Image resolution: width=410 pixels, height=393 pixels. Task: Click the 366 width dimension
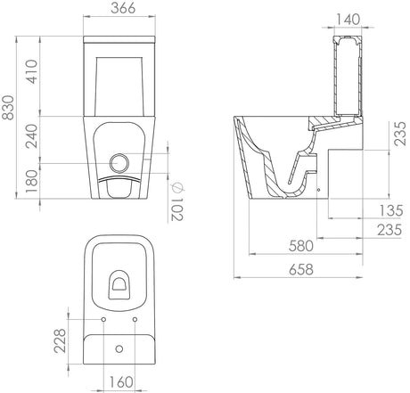coord(123,8)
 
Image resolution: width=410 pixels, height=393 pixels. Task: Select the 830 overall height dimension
coord(8,108)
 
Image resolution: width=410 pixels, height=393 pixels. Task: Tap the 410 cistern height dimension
coord(31,71)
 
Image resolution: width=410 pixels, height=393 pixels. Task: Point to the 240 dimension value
coord(31,136)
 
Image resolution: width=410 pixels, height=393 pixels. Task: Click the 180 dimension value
coord(31,181)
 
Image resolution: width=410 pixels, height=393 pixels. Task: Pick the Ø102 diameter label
coord(177,201)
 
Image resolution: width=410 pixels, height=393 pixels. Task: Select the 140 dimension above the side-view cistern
coord(348,20)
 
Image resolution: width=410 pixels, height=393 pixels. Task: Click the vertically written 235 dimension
coord(400,133)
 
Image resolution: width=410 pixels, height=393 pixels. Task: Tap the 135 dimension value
coord(391,210)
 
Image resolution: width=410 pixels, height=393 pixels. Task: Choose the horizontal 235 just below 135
coord(389,230)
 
